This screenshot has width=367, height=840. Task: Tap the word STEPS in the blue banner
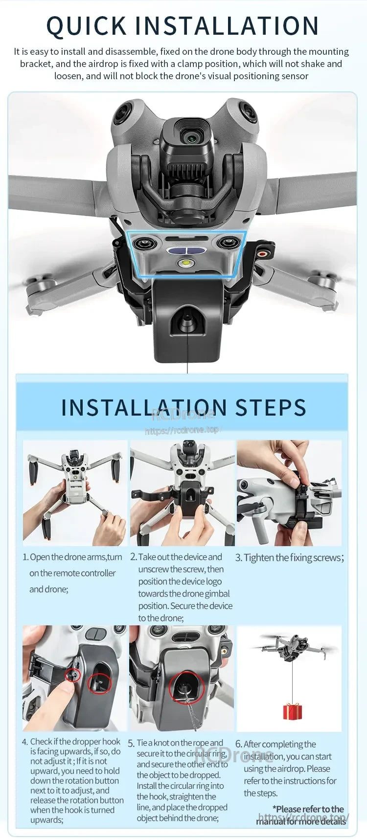click(271, 408)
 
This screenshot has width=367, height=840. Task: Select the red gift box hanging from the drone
click(292, 711)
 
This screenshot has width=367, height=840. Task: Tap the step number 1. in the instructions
click(25, 557)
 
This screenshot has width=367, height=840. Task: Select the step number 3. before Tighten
click(238, 558)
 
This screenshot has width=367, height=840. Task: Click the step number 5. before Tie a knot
click(131, 744)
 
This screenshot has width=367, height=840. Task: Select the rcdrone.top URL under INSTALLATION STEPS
click(183, 430)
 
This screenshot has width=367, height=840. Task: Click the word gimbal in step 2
click(217, 594)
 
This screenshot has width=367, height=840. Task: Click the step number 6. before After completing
click(238, 744)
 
